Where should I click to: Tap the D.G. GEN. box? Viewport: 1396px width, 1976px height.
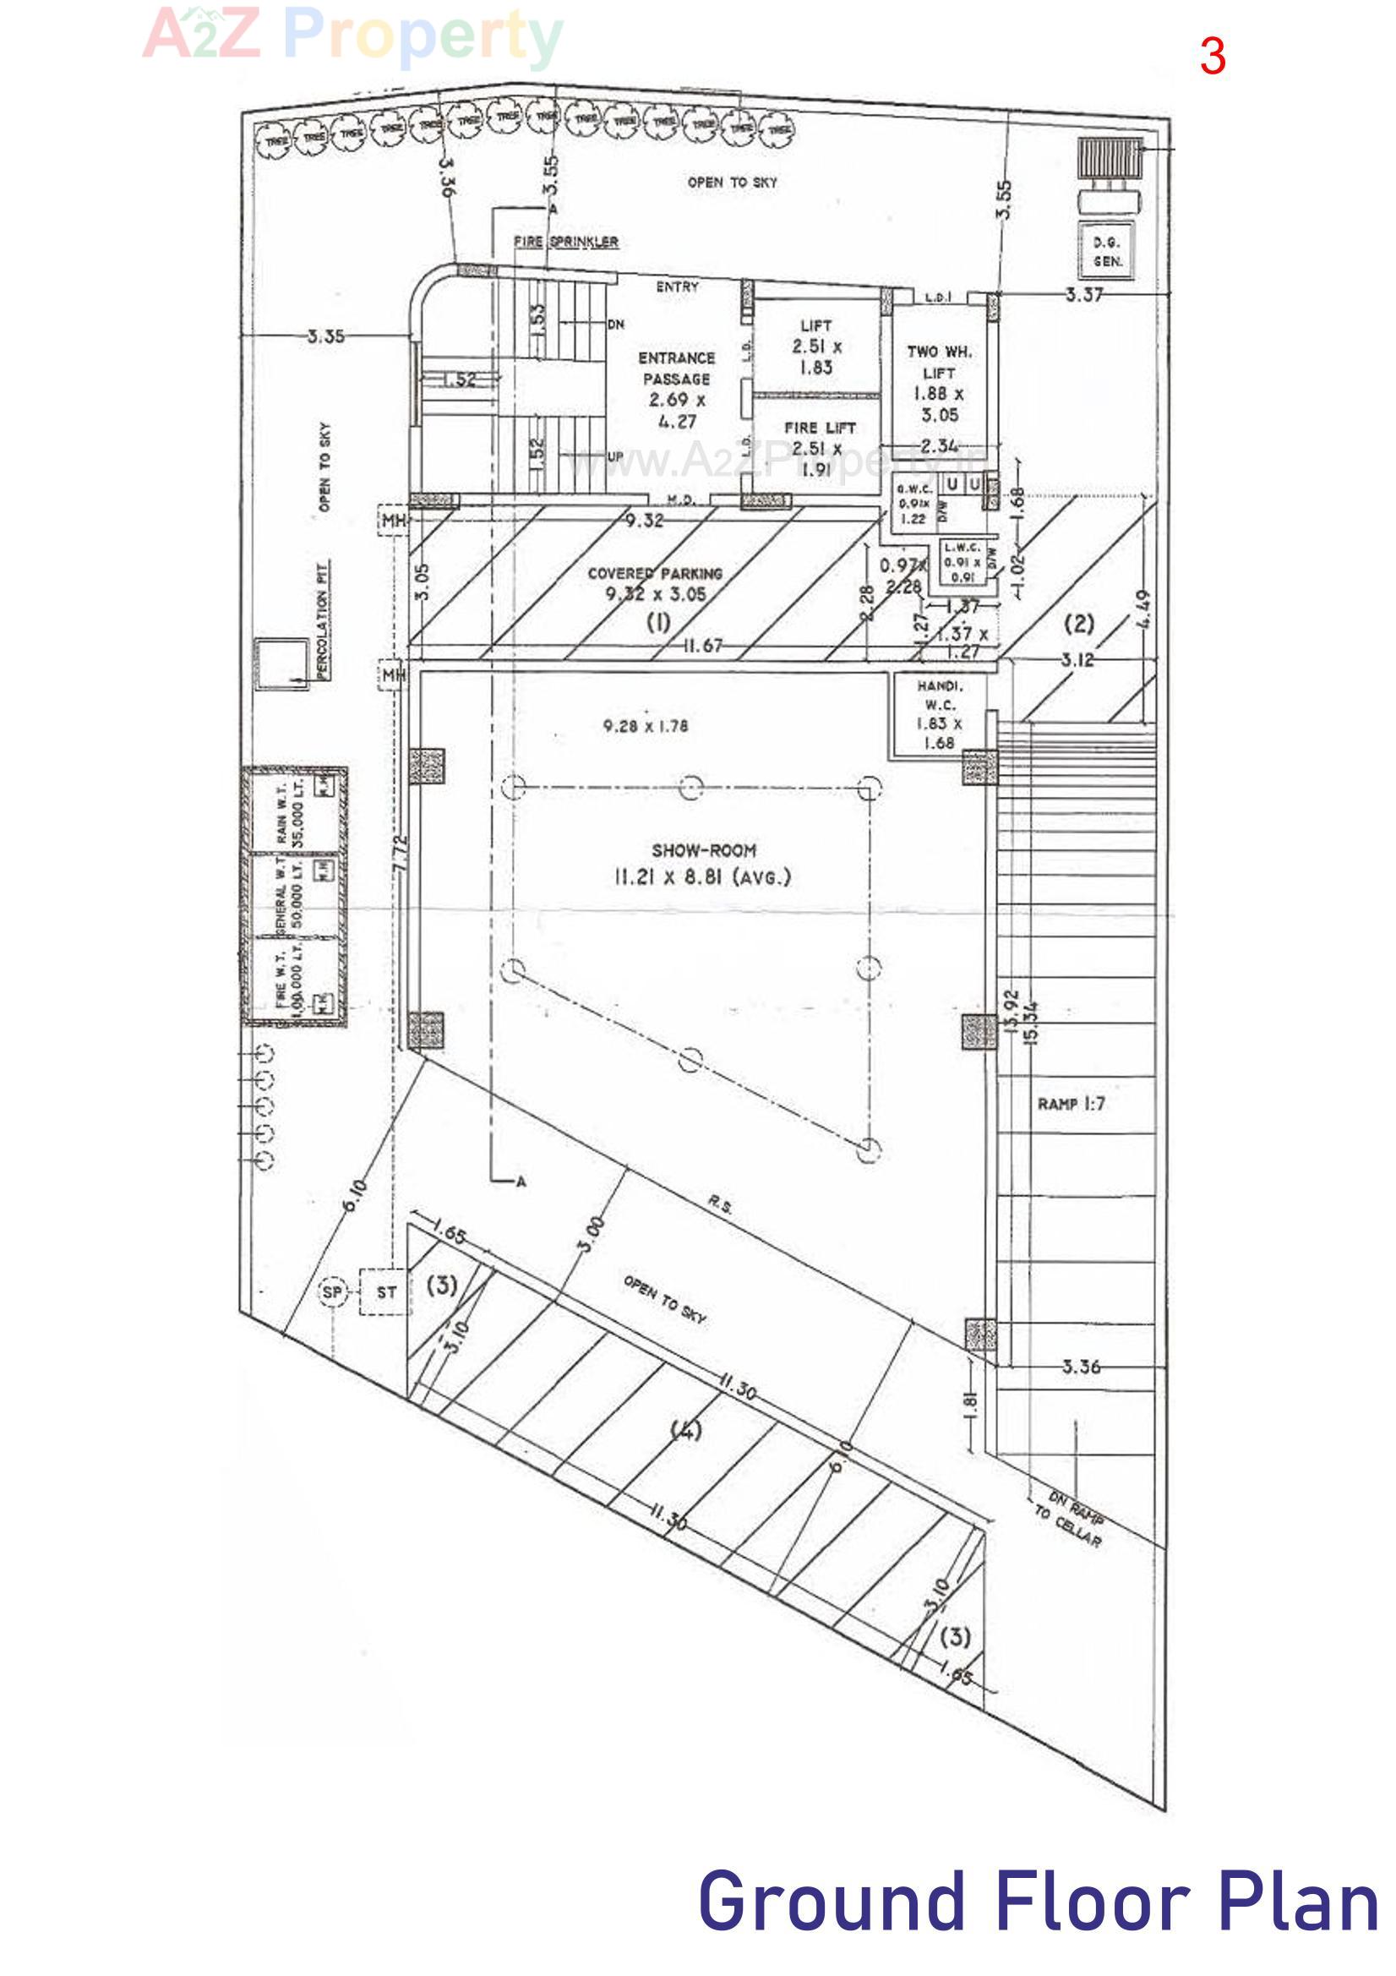tap(1108, 251)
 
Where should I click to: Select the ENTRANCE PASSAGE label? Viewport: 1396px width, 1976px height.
tap(677, 368)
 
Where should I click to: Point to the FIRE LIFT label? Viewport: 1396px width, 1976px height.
tap(820, 428)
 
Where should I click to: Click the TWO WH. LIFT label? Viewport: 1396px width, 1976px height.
tap(939, 363)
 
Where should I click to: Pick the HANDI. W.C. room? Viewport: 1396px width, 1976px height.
tap(939, 713)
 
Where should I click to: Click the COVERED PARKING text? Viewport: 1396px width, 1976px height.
tap(655, 573)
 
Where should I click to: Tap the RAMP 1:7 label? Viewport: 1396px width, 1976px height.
tap(1071, 1104)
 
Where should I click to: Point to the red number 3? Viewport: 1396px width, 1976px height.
tap(1212, 57)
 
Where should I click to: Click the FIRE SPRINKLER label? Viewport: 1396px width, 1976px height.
tap(565, 242)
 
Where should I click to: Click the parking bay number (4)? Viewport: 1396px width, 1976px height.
tap(686, 1430)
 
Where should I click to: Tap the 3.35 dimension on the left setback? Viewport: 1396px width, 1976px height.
tap(325, 336)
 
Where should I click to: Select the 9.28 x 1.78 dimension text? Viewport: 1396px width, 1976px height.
tap(646, 726)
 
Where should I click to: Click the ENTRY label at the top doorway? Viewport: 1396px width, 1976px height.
tap(678, 287)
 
